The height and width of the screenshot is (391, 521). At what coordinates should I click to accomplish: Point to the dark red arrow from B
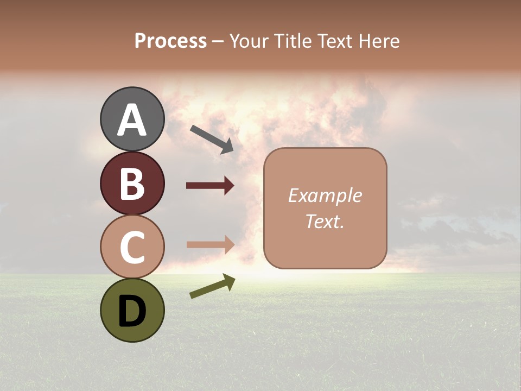click(210, 186)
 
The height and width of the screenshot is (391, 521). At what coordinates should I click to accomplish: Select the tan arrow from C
click(210, 244)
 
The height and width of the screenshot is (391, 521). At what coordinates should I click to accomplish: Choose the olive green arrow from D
click(212, 286)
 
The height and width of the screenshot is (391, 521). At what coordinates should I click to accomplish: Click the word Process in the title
click(170, 41)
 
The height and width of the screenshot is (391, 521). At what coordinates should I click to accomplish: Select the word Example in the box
click(325, 195)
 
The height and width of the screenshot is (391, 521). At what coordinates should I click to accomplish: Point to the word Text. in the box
click(325, 222)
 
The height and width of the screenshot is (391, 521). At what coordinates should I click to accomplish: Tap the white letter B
click(132, 184)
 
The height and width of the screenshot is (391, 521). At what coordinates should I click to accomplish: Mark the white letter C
click(132, 248)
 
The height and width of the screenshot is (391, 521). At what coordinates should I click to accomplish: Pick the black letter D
click(132, 311)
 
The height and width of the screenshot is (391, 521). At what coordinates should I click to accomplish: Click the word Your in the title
click(250, 41)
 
